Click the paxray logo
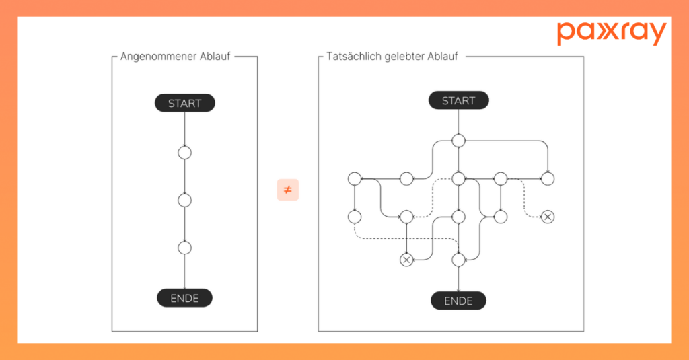611,33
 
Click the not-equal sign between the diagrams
287,190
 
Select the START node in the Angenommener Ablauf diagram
185,103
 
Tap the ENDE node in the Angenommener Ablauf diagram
185,297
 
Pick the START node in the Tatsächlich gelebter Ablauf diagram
458,100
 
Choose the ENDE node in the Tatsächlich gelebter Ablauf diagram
458,300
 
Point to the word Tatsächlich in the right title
352,57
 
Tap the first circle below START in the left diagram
185,153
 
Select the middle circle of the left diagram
185,200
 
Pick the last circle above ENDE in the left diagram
185,247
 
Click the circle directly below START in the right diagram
458,140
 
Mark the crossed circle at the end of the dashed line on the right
548,217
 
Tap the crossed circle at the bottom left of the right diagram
406,260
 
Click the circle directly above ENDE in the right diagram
458,260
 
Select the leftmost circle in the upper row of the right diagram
355,178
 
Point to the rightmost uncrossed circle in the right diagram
548,178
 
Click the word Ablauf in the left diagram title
215,57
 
